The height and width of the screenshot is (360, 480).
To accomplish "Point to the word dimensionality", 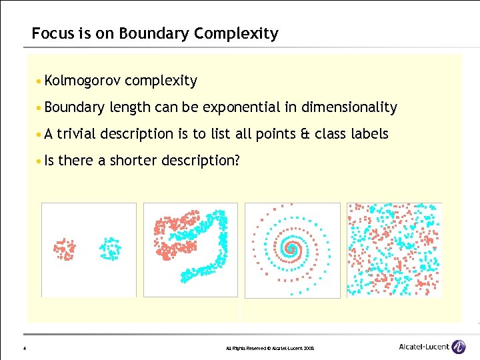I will [x=349, y=107].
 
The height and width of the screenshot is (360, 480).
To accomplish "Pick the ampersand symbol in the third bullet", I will [x=306, y=134].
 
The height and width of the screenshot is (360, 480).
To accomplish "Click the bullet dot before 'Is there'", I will [x=41, y=161].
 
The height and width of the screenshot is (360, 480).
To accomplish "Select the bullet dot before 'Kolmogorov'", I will [x=41, y=81].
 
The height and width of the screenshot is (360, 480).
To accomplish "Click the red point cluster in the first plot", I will [x=65, y=248].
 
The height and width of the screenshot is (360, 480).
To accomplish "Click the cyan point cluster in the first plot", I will [x=109, y=248].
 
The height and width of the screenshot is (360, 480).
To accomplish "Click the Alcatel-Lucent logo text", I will [x=423, y=346].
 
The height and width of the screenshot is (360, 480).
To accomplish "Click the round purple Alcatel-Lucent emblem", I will [x=459, y=346].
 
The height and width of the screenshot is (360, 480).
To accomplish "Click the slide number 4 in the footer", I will [x=24, y=348].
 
